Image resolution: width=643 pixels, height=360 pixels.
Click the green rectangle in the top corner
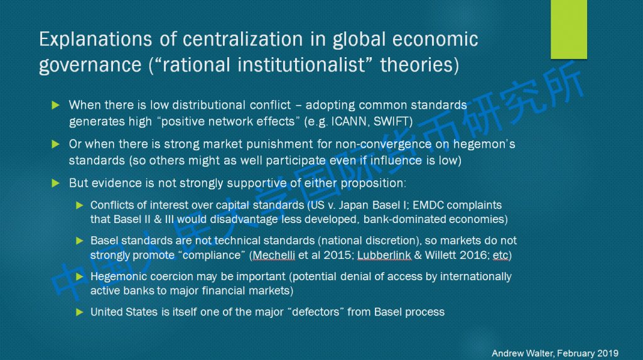pyautogui.click(x=569, y=29)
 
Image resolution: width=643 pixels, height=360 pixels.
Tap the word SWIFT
pyautogui.click(x=391, y=121)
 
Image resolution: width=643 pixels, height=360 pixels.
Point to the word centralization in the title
pyautogui.click(x=242, y=40)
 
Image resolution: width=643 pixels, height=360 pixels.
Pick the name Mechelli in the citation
pyautogui.click(x=274, y=255)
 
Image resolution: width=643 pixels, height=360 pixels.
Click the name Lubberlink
pyautogui.click(x=384, y=255)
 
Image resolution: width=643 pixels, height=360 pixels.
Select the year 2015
pyautogui.click(x=337, y=255)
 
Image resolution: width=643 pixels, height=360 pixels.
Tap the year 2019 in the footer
pyautogui.click(x=608, y=354)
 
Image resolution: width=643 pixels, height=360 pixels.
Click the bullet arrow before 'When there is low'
pyautogui.click(x=56, y=106)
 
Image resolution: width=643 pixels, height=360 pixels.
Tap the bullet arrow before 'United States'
pyautogui.click(x=80, y=312)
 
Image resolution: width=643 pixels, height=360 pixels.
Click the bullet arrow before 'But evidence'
pyautogui.click(x=56, y=183)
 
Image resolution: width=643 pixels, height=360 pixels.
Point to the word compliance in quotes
pyautogui.click(x=212, y=256)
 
